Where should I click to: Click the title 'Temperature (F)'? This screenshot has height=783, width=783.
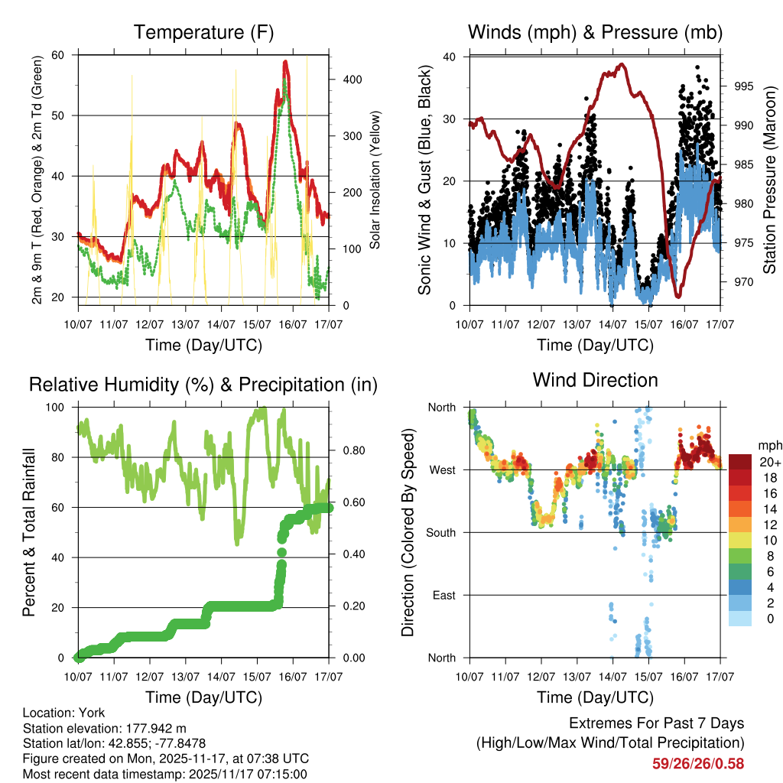203,33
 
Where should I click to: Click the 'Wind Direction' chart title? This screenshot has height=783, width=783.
595,379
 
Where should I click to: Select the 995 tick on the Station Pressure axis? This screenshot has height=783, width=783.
743,86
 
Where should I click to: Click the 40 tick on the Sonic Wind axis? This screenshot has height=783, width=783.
451,57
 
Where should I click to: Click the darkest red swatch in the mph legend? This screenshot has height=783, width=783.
740,462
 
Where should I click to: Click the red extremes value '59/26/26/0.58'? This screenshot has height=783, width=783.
697,763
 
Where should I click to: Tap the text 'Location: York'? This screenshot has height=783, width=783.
64,713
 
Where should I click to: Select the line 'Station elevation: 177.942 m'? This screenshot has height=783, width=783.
105,728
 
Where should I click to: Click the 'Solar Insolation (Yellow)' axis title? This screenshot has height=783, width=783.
375,180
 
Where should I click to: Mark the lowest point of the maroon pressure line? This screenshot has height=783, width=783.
677,296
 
